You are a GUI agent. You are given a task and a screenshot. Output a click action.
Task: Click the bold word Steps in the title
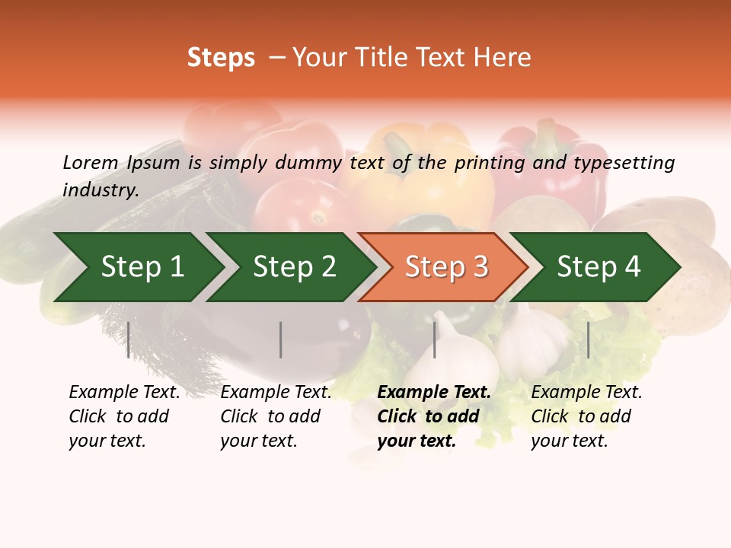pyautogui.click(x=221, y=58)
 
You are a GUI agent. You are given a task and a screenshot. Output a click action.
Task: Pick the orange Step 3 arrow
pyautogui.click(x=446, y=267)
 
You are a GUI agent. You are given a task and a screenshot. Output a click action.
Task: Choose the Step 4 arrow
pyautogui.click(x=599, y=267)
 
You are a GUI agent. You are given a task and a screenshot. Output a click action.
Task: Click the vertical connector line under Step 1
pyautogui.click(x=129, y=339)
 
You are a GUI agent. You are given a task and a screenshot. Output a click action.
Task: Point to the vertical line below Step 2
pyautogui.click(x=281, y=339)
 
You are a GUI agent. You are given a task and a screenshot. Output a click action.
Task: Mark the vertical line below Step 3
pyautogui.click(x=435, y=339)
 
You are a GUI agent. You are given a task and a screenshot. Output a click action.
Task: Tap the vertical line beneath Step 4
pyautogui.click(x=589, y=339)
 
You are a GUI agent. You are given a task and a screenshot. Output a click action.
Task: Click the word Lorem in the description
pyautogui.click(x=90, y=163)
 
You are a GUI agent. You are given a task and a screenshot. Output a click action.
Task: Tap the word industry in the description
pyautogui.click(x=100, y=190)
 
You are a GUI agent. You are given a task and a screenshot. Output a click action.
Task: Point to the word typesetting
pyautogui.click(x=624, y=163)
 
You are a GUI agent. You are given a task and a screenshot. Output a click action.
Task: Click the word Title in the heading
pyautogui.click(x=383, y=58)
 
